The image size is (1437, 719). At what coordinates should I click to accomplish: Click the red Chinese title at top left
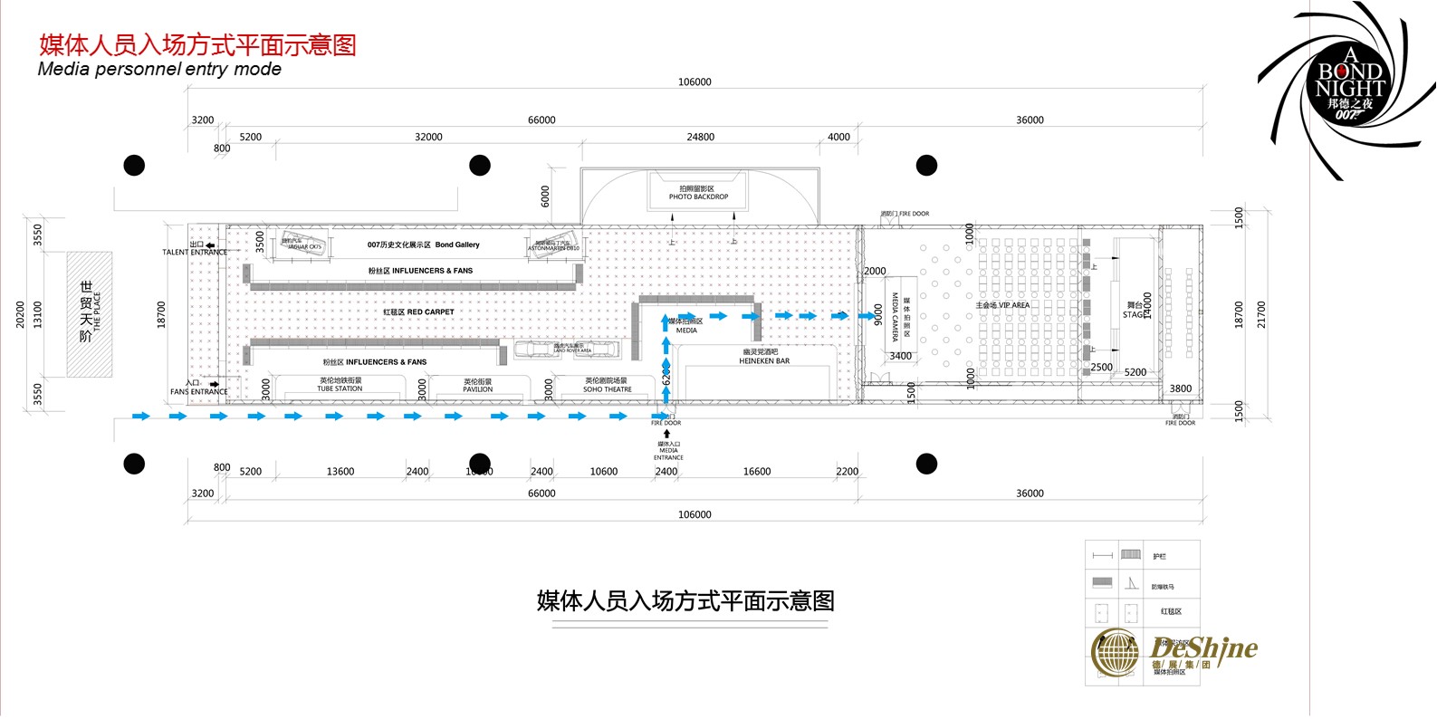pyautogui.click(x=197, y=45)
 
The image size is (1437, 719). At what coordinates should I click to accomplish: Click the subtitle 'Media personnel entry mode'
pyautogui.click(x=159, y=70)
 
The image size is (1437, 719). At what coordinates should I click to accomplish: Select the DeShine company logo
pyautogui.click(x=1175, y=652)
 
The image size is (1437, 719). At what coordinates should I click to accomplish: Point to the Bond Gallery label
pyautogui.click(x=423, y=244)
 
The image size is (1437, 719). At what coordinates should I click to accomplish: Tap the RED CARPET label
pyautogui.click(x=418, y=312)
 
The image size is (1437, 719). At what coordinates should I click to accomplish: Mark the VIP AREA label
pyautogui.click(x=1002, y=305)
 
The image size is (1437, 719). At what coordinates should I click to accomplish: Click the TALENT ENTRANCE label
pyautogui.click(x=195, y=252)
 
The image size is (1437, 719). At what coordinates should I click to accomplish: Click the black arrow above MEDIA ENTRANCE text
pyautogui.click(x=667, y=434)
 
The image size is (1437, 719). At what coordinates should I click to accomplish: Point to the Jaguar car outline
pyautogui.click(x=302, y=243)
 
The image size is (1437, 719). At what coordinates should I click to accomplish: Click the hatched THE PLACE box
pyautogui.click(x=90, y=313)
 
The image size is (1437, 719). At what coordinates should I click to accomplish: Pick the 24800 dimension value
pyautogui.click(x=700, y=138)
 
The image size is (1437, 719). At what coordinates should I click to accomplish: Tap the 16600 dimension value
pyautogui.click(x=757, y=472)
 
